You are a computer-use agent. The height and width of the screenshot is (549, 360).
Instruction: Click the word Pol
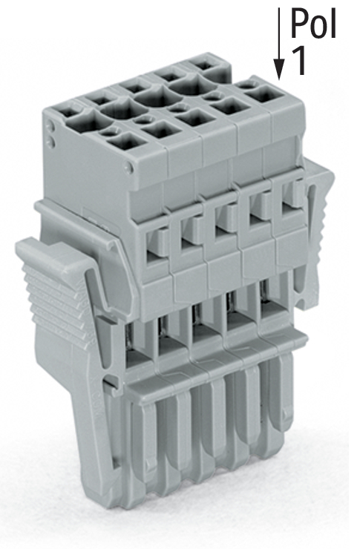click(x=314, y=24)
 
